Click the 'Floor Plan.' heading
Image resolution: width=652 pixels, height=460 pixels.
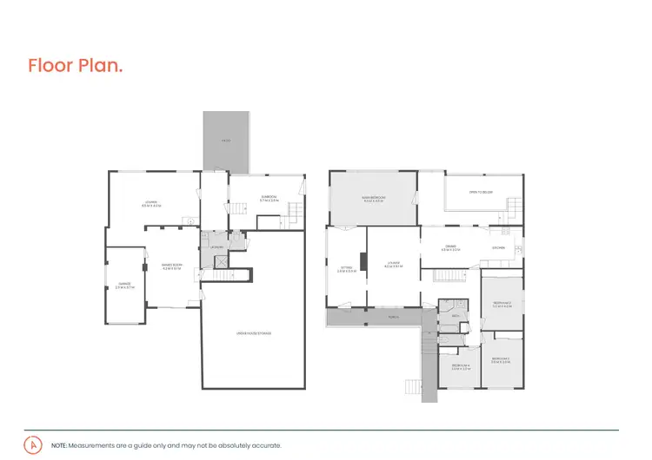75,66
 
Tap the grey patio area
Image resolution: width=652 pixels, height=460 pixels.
225,141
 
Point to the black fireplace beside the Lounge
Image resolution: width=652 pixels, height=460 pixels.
363,262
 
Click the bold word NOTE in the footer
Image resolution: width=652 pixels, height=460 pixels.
59,445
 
